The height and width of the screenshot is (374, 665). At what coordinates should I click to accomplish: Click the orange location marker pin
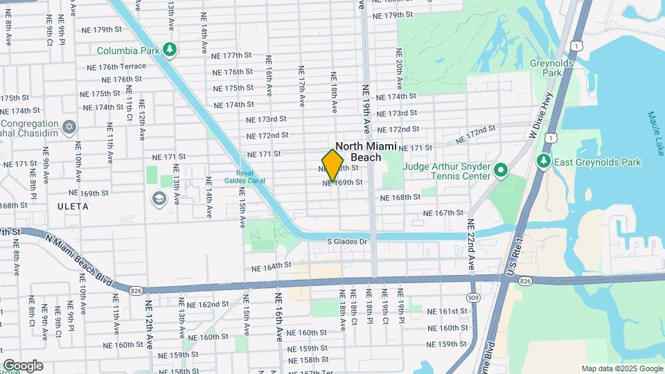333,164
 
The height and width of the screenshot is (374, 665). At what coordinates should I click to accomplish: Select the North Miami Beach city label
366,152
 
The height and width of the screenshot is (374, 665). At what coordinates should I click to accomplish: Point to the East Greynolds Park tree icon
544,162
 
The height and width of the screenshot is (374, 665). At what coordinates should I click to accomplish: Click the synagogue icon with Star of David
69,127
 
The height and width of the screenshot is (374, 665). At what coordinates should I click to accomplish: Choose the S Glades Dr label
346,241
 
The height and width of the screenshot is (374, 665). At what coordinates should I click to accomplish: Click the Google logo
23,365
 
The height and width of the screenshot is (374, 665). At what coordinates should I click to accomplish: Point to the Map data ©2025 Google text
621,368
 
